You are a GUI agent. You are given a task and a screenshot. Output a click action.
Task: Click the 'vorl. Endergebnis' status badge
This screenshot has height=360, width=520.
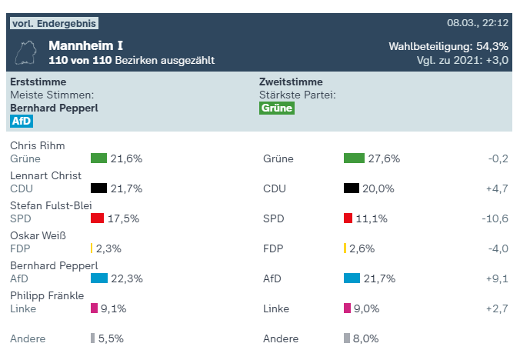[x=54, y=23]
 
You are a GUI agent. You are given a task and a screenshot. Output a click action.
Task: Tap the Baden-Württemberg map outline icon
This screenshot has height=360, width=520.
[x=27, y=52]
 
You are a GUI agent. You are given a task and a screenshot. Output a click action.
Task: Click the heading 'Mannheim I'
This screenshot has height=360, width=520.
[x=85, y=45]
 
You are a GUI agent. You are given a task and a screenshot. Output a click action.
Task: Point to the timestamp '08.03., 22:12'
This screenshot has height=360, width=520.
[x=478, y=23]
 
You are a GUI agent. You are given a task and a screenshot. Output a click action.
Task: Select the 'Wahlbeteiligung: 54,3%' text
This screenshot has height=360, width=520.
[x=448, y=46]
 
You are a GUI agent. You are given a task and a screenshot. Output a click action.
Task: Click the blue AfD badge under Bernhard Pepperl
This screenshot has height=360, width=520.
[x=22, y=121]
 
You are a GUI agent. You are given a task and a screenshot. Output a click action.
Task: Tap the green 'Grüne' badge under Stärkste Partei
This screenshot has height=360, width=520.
[x=277, y=108]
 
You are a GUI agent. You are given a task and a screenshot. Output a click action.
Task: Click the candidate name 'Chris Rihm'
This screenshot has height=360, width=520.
[x=37, y=145]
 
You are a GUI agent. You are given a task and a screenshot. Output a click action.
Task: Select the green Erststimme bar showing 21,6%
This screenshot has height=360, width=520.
[x=98, y=158]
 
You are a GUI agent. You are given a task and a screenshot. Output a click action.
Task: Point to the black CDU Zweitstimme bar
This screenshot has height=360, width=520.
[x=352, y=188]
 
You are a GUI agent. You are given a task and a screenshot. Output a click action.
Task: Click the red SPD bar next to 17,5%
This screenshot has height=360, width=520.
[x=97, y=218]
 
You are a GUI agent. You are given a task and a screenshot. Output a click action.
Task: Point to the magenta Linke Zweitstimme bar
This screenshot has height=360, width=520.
[x=346, y=308]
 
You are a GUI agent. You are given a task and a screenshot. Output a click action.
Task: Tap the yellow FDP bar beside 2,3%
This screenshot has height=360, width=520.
[x=92, y=248]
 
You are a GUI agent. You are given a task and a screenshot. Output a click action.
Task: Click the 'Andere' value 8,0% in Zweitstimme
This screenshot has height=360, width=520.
[x=365, y=338]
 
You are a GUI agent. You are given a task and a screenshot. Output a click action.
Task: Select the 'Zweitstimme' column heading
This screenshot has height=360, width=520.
[x=291, y=82]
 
